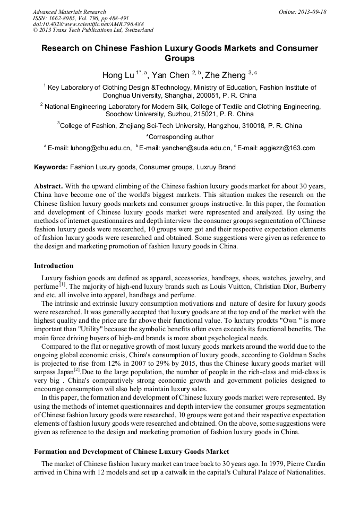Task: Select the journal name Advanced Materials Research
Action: pos(69,12)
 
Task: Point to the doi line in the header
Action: pos(88,24)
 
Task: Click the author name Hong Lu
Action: pos(118,75)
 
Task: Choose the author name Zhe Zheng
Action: pos(225,75)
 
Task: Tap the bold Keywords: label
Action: pos(51,167)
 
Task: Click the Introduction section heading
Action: pos(54,265)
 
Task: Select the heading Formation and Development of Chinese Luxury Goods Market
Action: pos(132,451)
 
